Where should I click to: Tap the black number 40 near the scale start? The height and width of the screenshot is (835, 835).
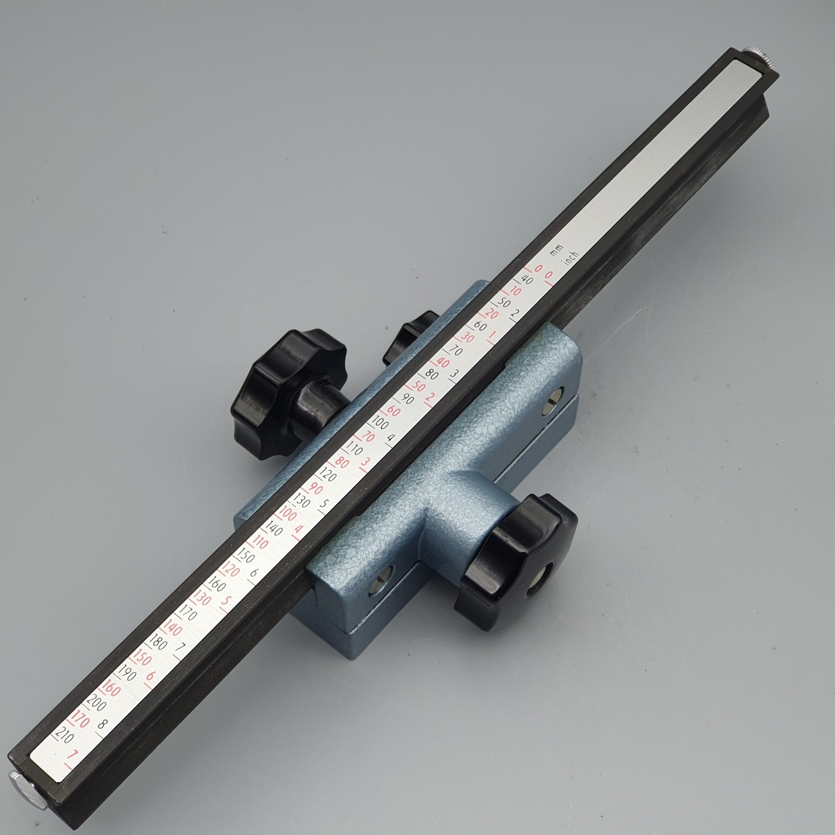pos(526,280)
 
